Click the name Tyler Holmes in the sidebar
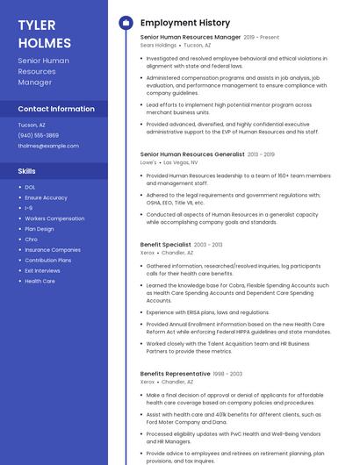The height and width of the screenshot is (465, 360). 44,33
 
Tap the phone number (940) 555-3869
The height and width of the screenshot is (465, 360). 39,135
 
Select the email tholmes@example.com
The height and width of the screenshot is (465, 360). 48,146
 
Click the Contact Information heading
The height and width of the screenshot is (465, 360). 56,109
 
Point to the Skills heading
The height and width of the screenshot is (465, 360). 27,171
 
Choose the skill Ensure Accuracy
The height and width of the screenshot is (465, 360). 46,197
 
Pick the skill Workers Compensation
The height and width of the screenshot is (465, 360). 54,218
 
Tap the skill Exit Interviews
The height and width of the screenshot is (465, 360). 42,271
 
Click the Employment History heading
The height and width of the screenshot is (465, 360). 185,23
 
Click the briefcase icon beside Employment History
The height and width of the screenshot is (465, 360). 125,23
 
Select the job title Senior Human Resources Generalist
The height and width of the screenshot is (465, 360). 192,154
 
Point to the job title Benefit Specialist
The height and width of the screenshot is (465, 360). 165,245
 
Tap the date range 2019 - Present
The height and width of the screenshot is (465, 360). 262,38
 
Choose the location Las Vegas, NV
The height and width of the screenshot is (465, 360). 181,162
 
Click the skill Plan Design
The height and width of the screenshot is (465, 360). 40,229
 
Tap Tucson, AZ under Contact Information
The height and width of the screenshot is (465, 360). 32,125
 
